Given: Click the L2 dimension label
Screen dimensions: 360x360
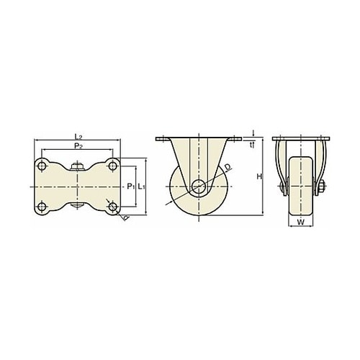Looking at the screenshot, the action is [78, 137].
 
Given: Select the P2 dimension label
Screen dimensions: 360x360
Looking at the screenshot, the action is [78, 146].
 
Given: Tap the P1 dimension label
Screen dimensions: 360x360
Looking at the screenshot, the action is [130, 186].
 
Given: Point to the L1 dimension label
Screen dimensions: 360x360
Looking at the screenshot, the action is [142, 186].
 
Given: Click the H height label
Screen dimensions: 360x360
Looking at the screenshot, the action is [259, 176].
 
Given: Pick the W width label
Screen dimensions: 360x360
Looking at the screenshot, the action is [301, 222].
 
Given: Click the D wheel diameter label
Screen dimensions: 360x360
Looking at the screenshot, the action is [228, 167].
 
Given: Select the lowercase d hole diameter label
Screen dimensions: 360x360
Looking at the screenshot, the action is [126, 217].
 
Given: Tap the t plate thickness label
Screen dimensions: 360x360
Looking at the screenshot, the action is [251, 145].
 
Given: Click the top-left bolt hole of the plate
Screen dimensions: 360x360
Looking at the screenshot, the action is [42, 166].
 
